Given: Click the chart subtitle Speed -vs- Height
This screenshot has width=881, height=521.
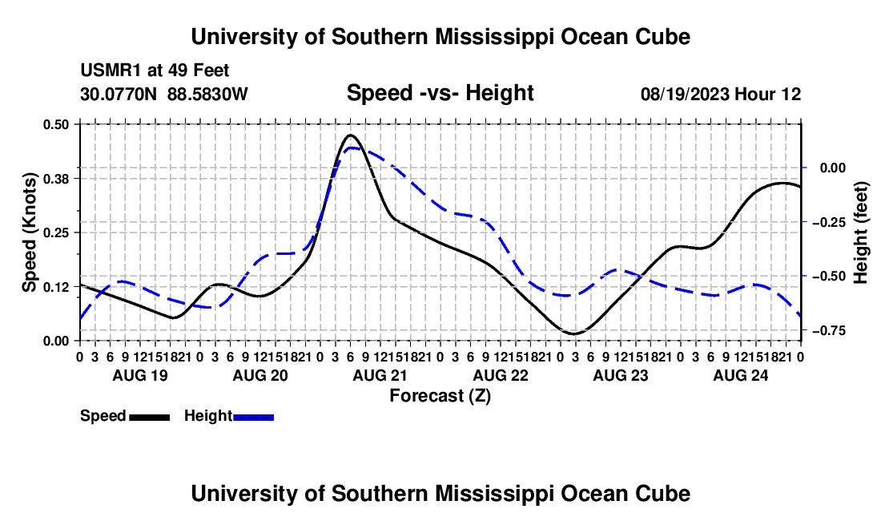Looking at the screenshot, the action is pyautogui.click(x=440, y=93).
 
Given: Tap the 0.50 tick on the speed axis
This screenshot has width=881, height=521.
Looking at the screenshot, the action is pyautogui.click(x=55, y=124).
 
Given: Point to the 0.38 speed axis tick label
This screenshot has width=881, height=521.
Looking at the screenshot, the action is pyautogui.click(x=55, y=179).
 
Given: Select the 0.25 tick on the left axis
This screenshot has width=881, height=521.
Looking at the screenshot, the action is pyautogui.click(x=55, y=232).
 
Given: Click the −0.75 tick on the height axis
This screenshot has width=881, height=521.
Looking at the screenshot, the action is pyautogui.click(x=829, y=330).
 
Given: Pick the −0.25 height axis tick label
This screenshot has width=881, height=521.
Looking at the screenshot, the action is pyautogui.click(x=829, y=222).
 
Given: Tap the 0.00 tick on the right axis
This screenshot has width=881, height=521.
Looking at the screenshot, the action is pyautogui.click(x=833, y=168).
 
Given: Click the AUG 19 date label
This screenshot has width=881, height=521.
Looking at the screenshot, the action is pyautogui.click(x=140, y=375).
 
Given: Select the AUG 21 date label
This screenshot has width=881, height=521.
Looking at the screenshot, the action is pyautogui.click(x=380, y=375).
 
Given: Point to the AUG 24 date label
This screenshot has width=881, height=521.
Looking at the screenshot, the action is pyautogui.click(x=741, y=375).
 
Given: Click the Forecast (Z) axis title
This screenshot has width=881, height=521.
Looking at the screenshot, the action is pyautogui.click(x=440, y=396).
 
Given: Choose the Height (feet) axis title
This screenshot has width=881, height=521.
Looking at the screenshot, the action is pyautogui.click(x=860, y=232).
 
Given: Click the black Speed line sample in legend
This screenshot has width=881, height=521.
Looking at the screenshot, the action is pyautogui.click(x=150, y=417).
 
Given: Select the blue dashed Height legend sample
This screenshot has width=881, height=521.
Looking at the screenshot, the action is pyautogui.click(x=253, y=417).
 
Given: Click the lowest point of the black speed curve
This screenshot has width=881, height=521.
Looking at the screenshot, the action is pyautogui.click(x=573, y=334).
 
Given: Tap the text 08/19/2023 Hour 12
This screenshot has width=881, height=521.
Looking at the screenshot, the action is pyautogui.click(x=721, y=94).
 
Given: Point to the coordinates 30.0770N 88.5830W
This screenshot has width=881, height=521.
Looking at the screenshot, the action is pyautogui.click(x=163, y=94).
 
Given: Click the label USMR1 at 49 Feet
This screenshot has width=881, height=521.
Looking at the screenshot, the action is pyautogui.click(x=155, y=71).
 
